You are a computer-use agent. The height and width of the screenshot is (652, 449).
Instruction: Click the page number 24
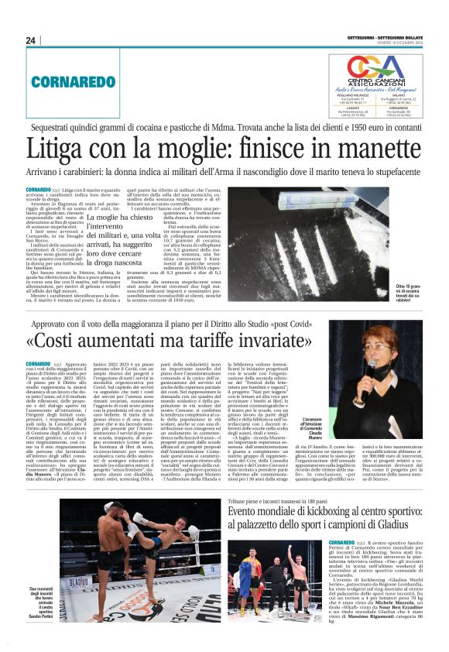[x=32, y=40]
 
